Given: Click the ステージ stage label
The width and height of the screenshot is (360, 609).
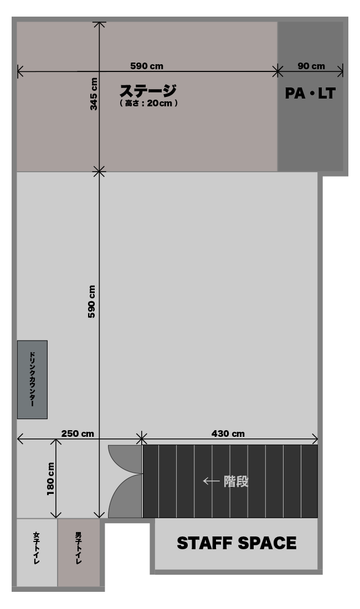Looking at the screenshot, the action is (x=148, y=91).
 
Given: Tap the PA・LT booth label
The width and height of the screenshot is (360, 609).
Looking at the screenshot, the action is (x=310, y=93).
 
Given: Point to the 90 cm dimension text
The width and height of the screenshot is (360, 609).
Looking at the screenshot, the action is (x=311, y=66).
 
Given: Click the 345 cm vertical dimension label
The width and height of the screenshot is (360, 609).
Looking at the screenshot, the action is (x=94, y=94).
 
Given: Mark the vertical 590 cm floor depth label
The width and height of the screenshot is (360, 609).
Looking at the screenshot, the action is (x=91, y=302).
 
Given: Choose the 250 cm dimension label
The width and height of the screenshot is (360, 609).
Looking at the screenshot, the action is (x=78, y=433).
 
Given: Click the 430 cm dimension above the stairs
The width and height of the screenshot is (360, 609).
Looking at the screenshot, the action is (x=228, y=433).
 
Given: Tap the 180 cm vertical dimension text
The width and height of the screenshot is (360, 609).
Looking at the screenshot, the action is (x=50, y=479).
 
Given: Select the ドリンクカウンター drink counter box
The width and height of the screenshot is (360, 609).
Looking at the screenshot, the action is (x=32, y=380).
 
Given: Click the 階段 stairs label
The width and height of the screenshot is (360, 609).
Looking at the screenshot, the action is (x=236, y=482).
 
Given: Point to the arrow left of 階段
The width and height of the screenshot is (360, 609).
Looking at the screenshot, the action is (x=211, y=481).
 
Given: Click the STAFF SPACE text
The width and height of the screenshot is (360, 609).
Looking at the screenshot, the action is (x=236, y=543).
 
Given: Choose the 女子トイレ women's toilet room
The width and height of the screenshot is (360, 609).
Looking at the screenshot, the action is (x=37, y=553).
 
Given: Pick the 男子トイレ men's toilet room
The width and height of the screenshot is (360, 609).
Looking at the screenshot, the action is (x=79, y=553).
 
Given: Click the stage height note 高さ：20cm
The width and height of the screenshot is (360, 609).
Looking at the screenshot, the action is (x=149, y=104).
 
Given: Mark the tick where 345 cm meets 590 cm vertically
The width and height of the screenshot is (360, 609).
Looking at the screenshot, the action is (x=100, y=171).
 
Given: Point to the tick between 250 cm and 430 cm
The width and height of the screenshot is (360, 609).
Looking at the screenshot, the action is (x=142, y=439).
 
